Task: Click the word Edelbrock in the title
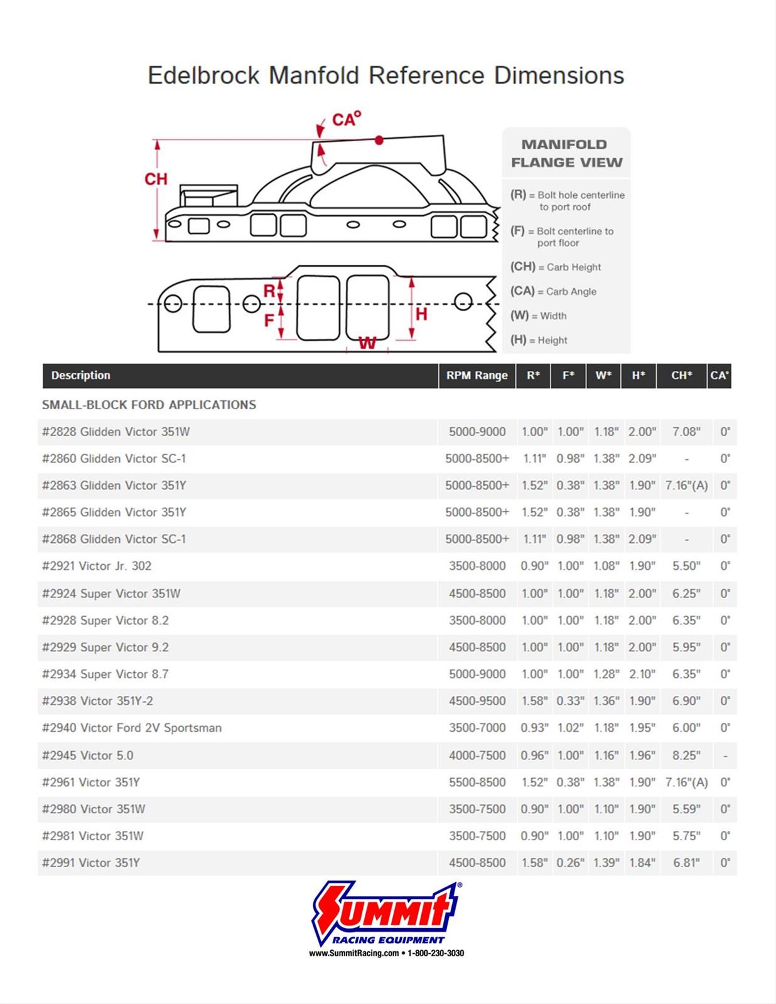(x=203, y=76)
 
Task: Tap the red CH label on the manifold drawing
(x=156, y=179)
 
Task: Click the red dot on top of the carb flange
(x=379, y=141)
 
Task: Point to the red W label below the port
(x=367, y=343)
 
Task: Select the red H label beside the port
(x=421, y=314)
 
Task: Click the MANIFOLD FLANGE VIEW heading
(x=566, y=154)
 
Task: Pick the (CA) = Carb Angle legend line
(x=553, y=291)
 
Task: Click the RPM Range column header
(x=477, y=375)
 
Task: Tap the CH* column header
(x=681, y=375)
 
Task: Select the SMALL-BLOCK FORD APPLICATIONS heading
(x=149, y=405)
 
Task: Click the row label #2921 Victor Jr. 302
(x=97, y=566)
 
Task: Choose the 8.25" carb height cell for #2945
(x=686, y=756)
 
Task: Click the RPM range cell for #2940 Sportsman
(x=477, y=728)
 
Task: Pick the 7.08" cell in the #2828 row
(x=686, y=432)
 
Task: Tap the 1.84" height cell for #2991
(x=642, y=863)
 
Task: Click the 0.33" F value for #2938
(x=569, y=701)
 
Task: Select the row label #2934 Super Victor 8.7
(x=105, y=674)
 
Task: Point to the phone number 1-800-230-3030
(x=436, y=953)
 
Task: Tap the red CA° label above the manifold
(x=347, y=119)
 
